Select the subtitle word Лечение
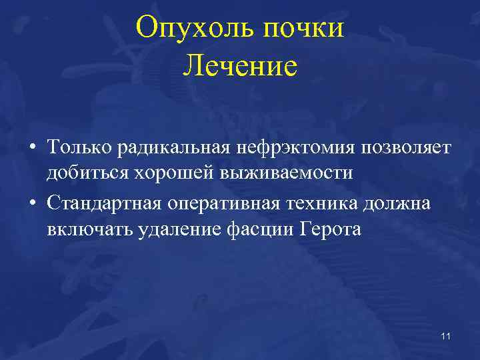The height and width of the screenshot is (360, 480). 240,66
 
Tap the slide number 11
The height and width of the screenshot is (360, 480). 445,335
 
